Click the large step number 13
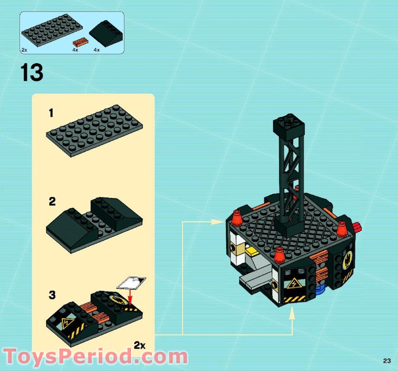[x=32, y=72]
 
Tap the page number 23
[x=387, y=361]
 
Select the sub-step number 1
[x=51, y=113]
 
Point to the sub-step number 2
[x=52, y=202]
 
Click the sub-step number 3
[x=52, y=295]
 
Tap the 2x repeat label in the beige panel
[x=139, y=345]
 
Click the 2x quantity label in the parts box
[x=24, y=50]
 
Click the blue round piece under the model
[x=320, y=288]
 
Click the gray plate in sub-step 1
[x=94, y=131]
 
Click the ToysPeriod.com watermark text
[x=96, y=357]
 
